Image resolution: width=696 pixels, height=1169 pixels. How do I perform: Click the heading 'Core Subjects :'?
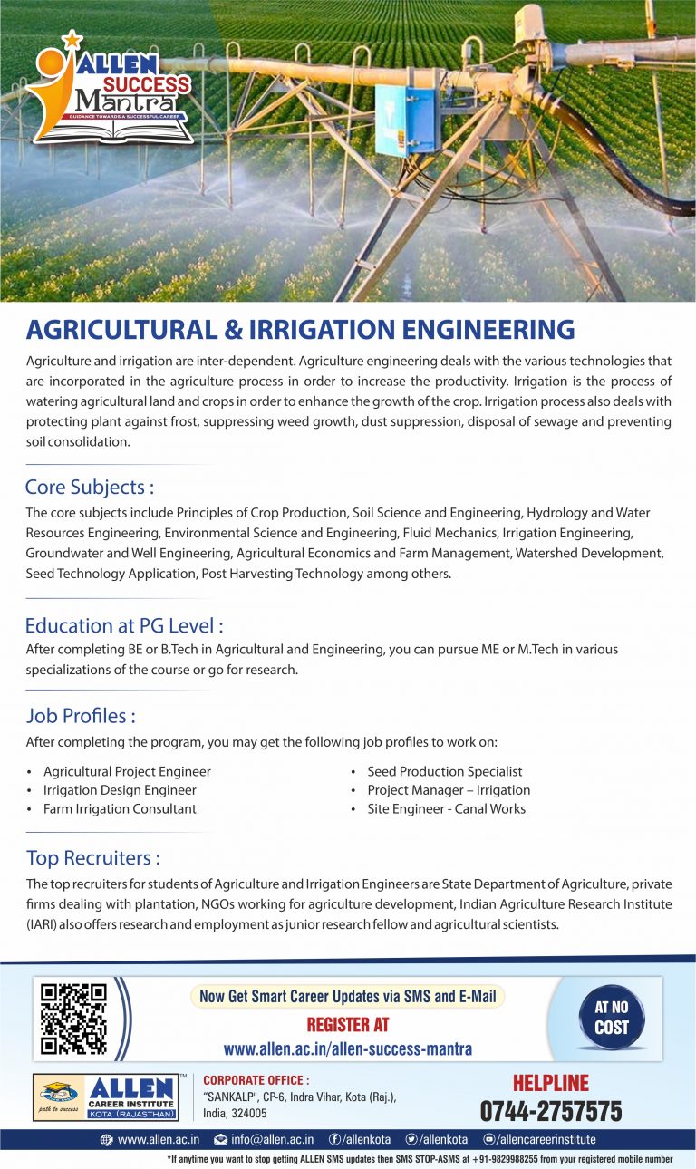pos(90,487)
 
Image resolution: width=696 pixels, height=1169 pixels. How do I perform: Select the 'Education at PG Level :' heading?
pos(124,625)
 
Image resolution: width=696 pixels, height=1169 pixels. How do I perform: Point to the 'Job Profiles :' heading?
pos(81,716)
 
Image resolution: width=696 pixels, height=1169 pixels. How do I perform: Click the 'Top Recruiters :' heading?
pos(93,857)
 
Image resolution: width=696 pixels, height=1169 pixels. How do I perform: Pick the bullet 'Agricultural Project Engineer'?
pos(127,771)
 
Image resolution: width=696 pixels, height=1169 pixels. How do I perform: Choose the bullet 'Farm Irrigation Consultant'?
pos(120,808)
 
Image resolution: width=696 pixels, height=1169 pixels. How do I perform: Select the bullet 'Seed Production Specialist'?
pos(444,771)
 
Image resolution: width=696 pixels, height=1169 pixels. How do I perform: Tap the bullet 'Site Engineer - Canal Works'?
pos(446,808)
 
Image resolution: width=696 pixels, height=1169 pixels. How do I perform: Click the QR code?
pos(74,1018)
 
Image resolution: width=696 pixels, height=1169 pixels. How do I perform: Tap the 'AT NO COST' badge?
pos(612,1018)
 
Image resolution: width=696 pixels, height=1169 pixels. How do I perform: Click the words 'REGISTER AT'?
pos(348,1025)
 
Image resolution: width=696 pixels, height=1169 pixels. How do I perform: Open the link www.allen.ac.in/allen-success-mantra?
pos(348,1049)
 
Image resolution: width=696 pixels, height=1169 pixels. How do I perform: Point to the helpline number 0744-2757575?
pos(551,1111)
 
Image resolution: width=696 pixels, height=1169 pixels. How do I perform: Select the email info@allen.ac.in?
pos(272,1139)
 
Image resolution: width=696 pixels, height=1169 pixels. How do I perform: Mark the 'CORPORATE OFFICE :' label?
pos(256,1080)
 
